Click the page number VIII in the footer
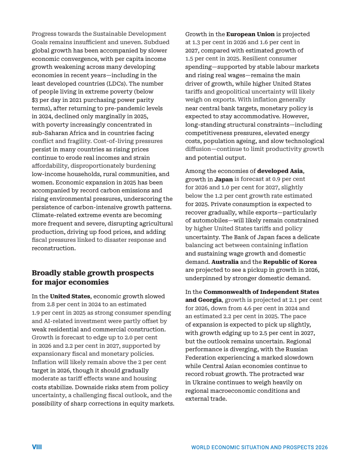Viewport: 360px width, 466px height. [x=37, y=447]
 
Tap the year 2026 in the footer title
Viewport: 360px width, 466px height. [x=321, y=447]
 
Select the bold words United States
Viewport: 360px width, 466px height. [x=70, y=296]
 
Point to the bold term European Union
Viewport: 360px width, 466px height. [x=250, y=34]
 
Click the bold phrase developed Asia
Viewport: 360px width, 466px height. [x=280, y=171]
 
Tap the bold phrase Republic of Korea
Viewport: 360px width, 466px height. [x=290, y=262]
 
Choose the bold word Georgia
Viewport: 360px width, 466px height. [x=210, y=300]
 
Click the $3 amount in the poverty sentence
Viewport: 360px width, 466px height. [x=35, y=100]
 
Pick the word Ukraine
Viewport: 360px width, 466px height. [x=206, y=382]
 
